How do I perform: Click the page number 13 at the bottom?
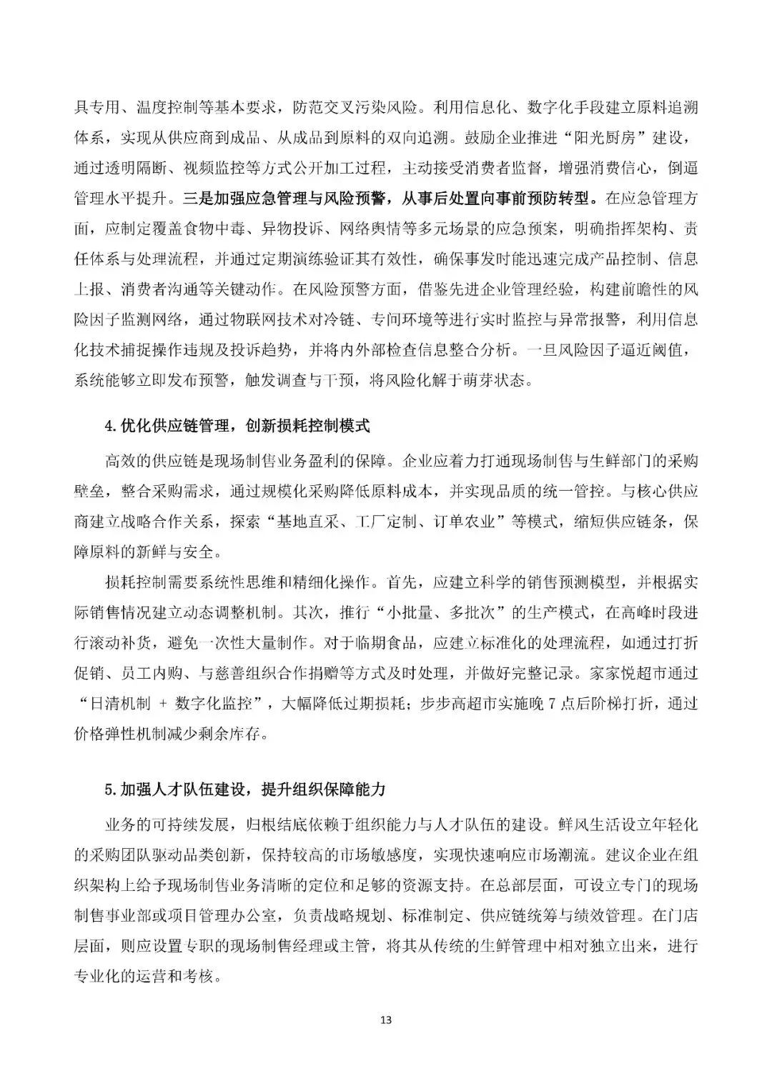click(386, 1020)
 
